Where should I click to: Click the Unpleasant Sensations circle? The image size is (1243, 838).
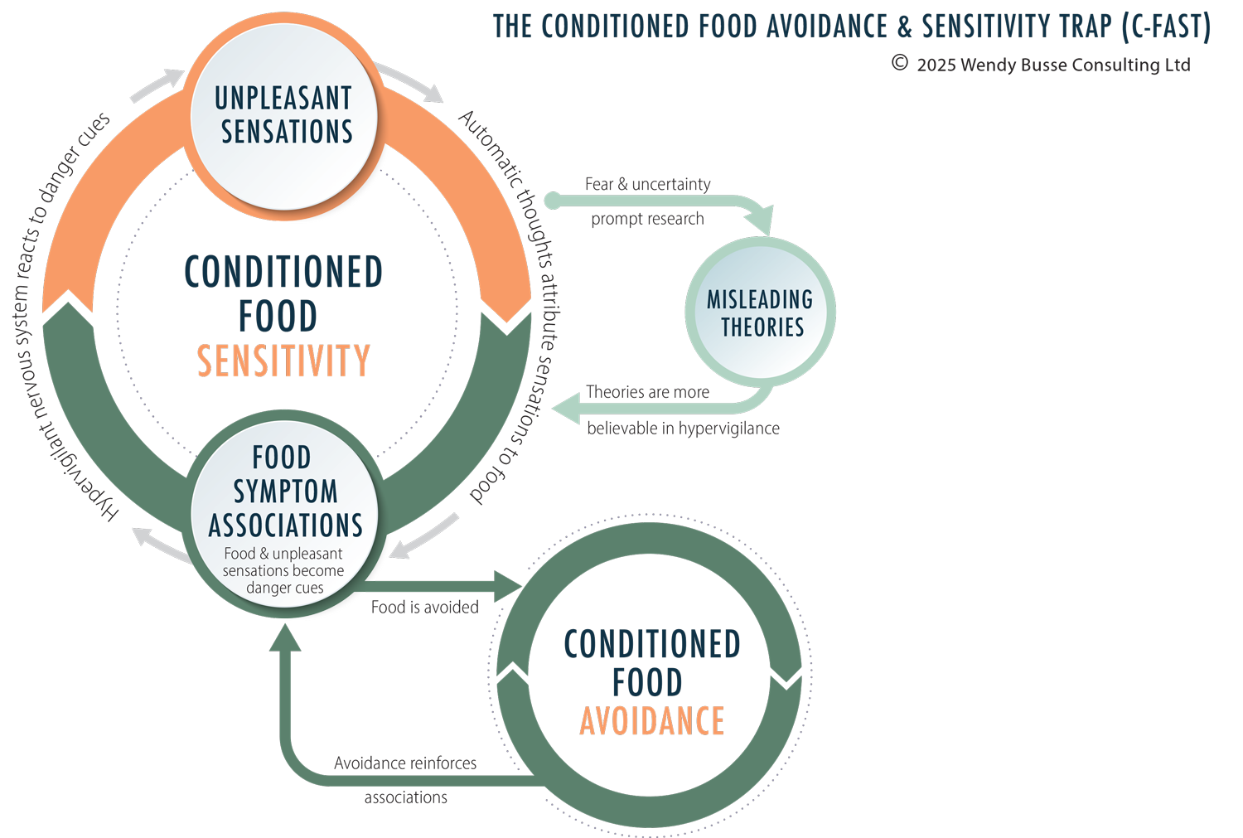284,116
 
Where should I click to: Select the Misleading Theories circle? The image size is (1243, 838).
760,312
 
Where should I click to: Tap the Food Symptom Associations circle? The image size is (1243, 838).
284,514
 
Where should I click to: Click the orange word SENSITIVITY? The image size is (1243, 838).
283,361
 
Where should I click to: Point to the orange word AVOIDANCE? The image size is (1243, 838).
651,721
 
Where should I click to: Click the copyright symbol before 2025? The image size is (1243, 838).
900,63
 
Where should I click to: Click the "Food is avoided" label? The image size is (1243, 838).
424,608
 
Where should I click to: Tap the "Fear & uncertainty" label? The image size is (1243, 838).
647,184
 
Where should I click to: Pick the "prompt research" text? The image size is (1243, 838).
647,219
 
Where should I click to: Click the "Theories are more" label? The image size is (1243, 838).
647,392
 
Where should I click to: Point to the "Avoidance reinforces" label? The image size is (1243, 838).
405,763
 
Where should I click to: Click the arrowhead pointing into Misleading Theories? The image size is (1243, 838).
759,222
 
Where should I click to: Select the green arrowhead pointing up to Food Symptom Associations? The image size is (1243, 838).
285,637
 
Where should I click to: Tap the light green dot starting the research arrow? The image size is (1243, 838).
553,200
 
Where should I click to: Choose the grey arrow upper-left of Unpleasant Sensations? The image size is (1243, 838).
158,85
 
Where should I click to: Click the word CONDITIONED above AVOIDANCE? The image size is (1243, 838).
651,645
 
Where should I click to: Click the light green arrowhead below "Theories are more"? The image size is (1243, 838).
568,409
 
